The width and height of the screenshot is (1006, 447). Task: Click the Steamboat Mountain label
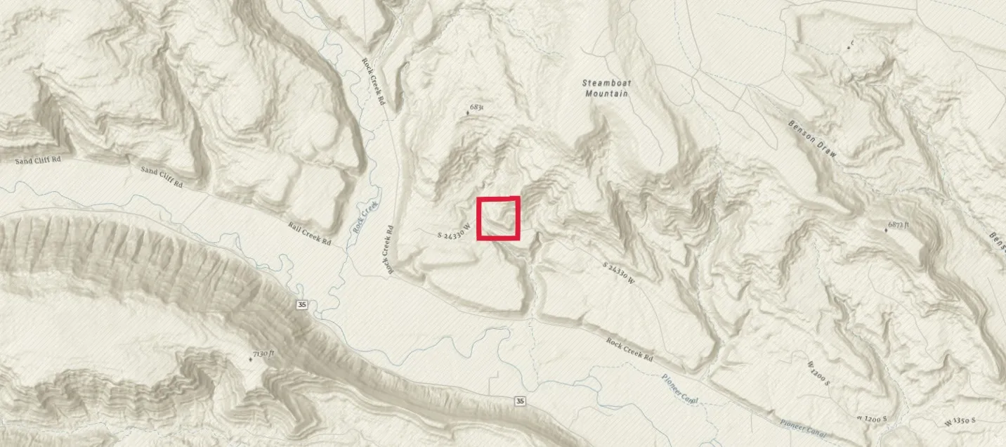pos(606,88)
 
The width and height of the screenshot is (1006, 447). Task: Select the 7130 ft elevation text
pos(263,353)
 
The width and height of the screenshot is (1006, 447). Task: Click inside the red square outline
pos(498,219)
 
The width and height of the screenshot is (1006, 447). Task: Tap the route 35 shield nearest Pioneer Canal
pos(519,401)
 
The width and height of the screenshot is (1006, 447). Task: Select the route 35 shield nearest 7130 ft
pos(302,304)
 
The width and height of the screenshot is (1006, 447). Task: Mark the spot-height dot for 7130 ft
pos(251,359)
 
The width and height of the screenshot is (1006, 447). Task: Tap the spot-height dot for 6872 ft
pos(885,231)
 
